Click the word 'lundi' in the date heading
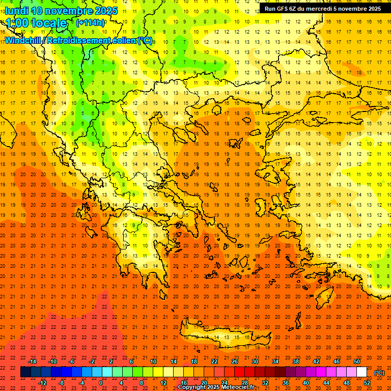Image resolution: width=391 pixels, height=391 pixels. [x=16, y=11]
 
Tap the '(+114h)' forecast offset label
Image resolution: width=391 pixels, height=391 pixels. [x=90, y=22]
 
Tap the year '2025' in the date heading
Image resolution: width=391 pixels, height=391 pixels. [x=106, y=11]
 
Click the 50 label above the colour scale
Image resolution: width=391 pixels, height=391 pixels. [x=357, y=361]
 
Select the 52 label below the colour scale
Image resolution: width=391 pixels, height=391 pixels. [x=367, y=383]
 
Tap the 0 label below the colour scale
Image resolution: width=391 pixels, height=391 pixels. [x=100, y=383]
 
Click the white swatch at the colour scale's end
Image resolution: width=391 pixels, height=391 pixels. [x=361, y=372]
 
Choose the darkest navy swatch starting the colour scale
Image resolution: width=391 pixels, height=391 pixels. [x=25, y=372]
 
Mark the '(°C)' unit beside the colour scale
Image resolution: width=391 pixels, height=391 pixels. [x=379, y=373]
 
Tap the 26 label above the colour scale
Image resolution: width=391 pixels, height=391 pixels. [x=235, y=361]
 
